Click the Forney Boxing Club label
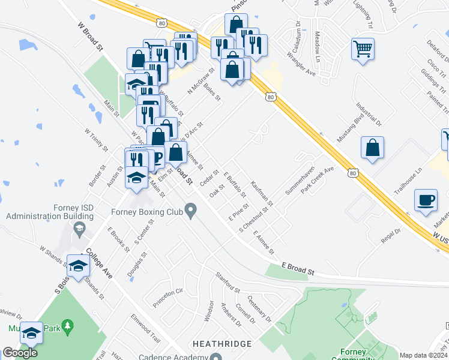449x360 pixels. coord(147,211)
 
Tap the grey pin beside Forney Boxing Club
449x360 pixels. coord(191,211)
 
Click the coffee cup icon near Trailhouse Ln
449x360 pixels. coord(426,200)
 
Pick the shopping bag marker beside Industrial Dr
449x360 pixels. coord(372,148)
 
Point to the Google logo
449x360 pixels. coord(20,353)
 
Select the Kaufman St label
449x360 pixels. coord(262,193)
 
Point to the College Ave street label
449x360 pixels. coord(99,264)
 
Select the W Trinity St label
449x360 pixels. coord(95,139)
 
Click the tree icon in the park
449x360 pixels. coord(68,328)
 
